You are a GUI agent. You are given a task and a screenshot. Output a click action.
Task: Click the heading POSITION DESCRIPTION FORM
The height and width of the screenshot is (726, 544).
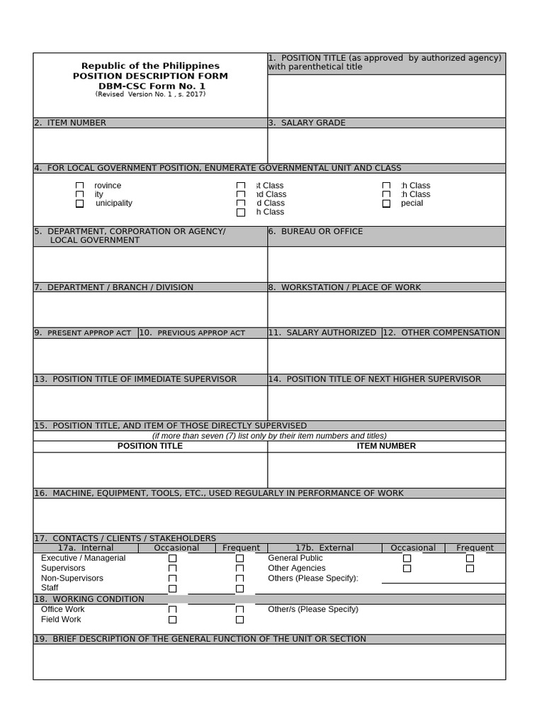tap(150, 76)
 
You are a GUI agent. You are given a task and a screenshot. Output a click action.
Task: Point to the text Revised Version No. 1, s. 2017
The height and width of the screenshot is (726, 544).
tap(150, 94)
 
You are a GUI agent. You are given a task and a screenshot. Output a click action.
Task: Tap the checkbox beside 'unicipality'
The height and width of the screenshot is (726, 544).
tap(79, 203)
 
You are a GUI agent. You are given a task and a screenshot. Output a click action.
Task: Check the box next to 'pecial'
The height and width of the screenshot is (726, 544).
tap(386, 203)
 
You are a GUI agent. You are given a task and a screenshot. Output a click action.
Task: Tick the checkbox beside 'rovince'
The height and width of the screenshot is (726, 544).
tap(79, 186)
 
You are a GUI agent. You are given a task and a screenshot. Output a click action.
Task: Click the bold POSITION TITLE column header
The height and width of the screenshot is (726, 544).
tap(150, 446)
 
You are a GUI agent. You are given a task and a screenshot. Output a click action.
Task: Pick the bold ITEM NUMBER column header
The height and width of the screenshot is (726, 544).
tap(386, 446)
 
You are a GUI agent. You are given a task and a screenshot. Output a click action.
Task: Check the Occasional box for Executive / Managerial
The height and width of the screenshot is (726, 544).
tap(172, 559)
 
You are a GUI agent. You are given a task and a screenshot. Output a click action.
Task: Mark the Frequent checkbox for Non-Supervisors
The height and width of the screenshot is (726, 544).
tap(239, 579)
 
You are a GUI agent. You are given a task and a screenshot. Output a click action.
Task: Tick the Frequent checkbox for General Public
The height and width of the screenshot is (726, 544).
tap(470, 559)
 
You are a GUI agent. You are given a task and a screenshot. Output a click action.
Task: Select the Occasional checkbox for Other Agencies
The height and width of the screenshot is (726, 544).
tap(407, 569)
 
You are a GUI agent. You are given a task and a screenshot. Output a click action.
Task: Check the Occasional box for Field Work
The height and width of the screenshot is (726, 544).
tap(172, 620)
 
